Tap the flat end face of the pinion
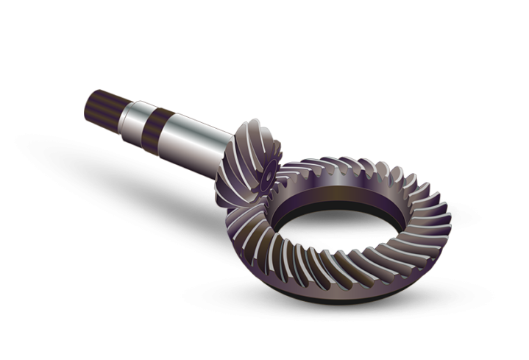[x=266, y=174]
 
